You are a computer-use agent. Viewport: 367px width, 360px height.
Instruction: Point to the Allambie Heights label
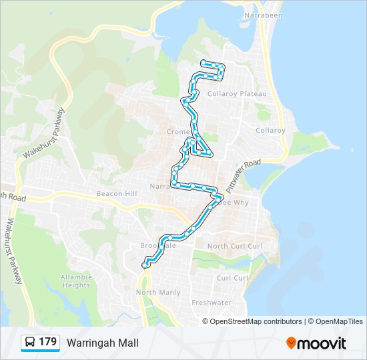click(x=75, y=281)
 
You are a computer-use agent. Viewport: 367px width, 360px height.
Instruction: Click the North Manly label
click(x=158, y=293)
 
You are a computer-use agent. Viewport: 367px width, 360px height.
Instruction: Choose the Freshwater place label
click(x=212, y=302)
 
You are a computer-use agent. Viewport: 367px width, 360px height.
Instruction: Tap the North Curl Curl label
click(x=236, y=246)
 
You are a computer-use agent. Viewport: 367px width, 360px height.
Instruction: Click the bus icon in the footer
click(x=30, y=343)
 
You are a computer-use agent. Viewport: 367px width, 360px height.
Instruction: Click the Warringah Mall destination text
click(x=103, y=343)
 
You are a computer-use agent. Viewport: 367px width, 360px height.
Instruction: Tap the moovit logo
click(x=316, y=343)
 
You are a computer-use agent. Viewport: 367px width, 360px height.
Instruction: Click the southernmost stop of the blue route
click(x=144, y=266)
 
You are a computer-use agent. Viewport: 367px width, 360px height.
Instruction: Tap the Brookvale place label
click(x=157, y=245)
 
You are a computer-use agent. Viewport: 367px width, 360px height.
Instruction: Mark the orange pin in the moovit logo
click(x=291, y=343)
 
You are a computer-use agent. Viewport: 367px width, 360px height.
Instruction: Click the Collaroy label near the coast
click(x=270, y=130)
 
